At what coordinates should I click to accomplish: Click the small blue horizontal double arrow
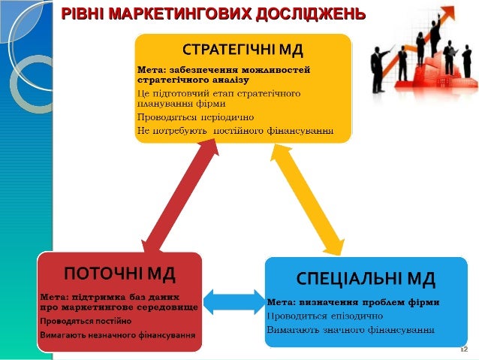coord(233,301)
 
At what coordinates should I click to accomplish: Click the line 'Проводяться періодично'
coord(195,118)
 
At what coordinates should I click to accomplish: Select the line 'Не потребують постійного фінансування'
coord(235,130)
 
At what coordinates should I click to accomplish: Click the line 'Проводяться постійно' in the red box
coord(86,321)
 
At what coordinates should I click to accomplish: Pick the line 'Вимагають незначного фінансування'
coord(113,333)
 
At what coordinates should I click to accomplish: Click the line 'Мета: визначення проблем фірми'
coord(354,302)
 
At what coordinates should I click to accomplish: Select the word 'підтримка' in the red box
coord(95,296)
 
